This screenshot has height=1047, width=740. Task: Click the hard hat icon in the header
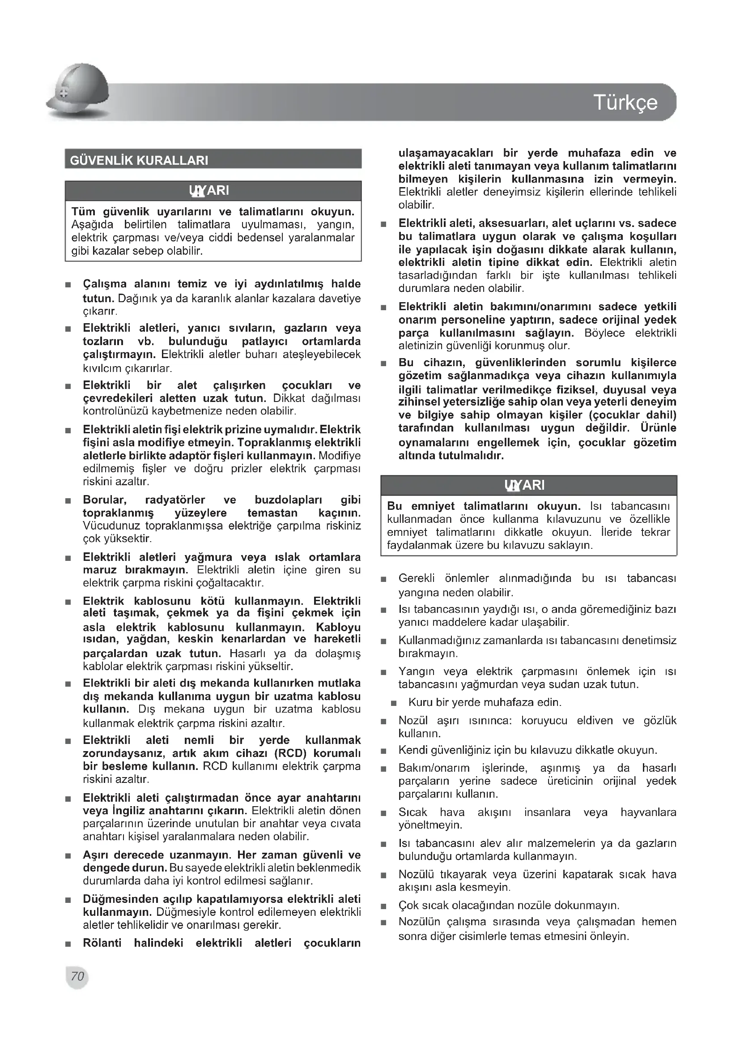tap(78, 90)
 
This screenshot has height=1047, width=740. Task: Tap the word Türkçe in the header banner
tap(625, 103)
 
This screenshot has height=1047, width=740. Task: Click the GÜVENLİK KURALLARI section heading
tap(139, 161)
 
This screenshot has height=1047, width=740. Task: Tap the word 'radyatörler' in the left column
tap(175, 500)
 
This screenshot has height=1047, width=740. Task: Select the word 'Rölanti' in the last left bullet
tap(102, 943)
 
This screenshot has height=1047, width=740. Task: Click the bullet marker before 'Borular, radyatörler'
tap(68, 501)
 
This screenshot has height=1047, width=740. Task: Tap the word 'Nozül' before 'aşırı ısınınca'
tap(413, 721)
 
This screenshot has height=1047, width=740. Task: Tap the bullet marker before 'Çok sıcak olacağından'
tap(384, 906)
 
